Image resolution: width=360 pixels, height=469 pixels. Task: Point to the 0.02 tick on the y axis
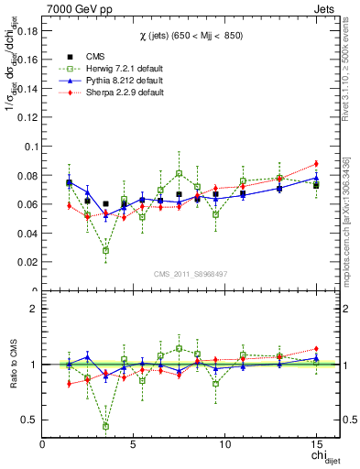28,262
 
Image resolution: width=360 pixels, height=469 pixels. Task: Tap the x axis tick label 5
134,445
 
